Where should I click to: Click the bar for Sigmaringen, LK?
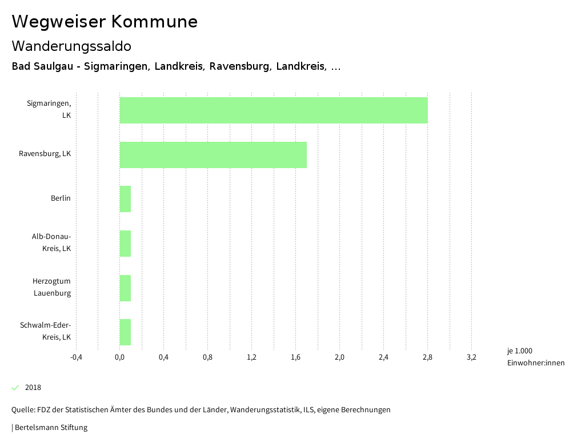point(273,110)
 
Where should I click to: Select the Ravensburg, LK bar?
point(213,154)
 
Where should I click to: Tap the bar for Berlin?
point(125,199)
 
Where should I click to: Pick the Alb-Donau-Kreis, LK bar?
point(125,244)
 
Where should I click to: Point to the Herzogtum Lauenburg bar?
point(125,288)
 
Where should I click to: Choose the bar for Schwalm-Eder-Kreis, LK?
point(125,332)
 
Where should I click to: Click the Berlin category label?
point(61,198)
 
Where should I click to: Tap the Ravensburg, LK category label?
point(45,154)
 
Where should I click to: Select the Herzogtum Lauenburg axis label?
point(51,287)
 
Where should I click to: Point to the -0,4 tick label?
point(76,357)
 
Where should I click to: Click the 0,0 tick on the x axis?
point(119,357)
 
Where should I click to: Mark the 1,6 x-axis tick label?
point(295,357)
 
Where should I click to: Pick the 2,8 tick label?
point(427,357)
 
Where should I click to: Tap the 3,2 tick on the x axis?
point(471,357)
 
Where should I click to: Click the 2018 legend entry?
point(33,388)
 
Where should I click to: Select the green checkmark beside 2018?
point(15,388)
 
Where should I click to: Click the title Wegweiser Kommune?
point(105,22)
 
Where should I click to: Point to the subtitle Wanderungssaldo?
point(71,46)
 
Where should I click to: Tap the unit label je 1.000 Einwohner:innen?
point(535,357)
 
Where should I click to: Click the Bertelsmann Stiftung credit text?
point(50,427)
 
